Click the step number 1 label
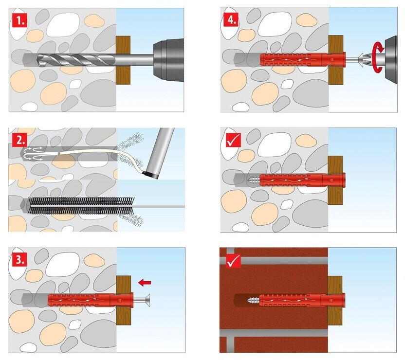pos(18,20)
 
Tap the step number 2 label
pos(18,141)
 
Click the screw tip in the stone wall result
pos(253,180)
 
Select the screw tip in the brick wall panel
pos(254,298)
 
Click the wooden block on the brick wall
pos(335,298)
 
